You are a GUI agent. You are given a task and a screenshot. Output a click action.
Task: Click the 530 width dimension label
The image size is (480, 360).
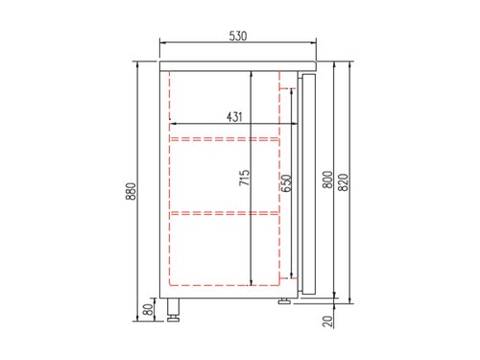(x=238, y=36)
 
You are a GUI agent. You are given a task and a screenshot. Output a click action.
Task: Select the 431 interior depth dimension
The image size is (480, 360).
(x=234, y=116)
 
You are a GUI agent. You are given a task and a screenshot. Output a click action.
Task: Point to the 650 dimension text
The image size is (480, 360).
(x=285, y=184)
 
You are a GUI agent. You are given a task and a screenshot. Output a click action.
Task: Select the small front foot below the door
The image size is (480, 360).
(x=286, y=300)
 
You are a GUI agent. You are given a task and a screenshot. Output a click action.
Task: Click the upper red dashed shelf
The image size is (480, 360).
(x=226, y=138)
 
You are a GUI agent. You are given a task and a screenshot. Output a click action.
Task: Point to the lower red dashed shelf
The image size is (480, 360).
(x=226, y=212)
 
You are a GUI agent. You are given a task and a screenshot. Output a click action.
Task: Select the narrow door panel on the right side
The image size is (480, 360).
(x=308, y=182)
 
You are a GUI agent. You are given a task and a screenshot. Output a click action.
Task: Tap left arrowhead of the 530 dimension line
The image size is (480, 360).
(x=161, y=42)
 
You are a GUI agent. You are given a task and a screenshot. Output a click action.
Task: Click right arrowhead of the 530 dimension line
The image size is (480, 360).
(x=315, y=42)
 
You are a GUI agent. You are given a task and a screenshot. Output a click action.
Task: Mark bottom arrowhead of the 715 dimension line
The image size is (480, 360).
(x=252, y=283)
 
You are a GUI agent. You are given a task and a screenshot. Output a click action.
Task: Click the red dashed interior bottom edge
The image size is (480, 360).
(x=226, y=286)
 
